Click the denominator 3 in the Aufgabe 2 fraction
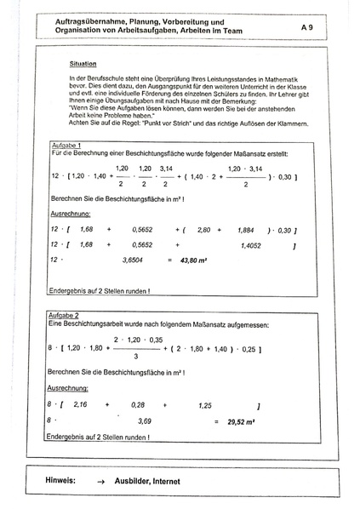[x=136, y=357]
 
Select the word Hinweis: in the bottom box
[x=61, y=481]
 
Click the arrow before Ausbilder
[x=101, y=482]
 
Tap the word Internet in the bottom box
[x=180, y=481]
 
